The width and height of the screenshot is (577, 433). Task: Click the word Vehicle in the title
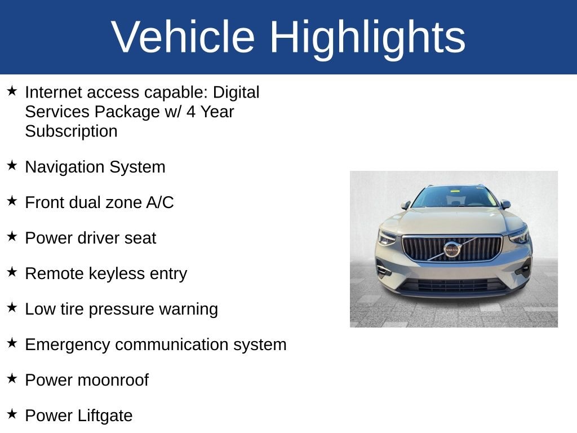click(x=183, y=37)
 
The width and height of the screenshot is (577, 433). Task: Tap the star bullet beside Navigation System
click(x=12, y=165)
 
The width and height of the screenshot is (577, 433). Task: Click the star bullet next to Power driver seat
click(x=12, y=236)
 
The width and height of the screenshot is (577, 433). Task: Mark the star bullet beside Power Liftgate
click(x=12, y=414)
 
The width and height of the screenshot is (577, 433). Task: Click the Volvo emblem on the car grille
click(x=451, y=250)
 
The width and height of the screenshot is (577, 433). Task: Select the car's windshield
click(x=455, y=197)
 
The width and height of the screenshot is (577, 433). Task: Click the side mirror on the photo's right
click(x=505, y=204)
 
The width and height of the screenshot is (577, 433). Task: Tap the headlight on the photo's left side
click(x=387, y=237)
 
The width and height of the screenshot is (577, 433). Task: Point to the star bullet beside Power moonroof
click(x=12, y=378)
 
